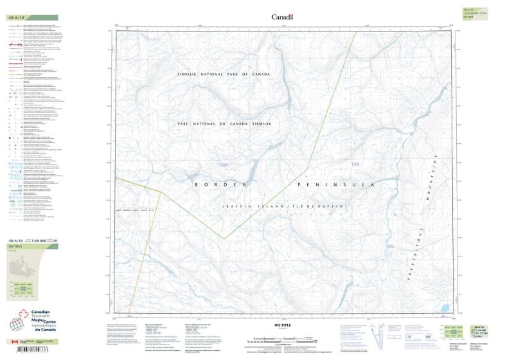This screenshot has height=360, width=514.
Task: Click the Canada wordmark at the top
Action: (x=282, y=17)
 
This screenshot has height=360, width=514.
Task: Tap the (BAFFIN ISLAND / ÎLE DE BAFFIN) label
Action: (x=285, y=206)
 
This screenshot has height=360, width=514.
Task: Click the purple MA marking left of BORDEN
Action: (x=224, y=166)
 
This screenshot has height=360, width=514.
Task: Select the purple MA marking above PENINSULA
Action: (x=356, y=165)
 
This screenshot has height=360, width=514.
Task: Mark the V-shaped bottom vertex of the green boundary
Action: (x=223, y=239)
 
